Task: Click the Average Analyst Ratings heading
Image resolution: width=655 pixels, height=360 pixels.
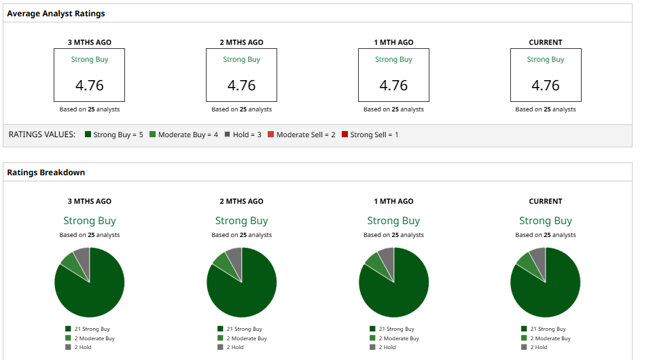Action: (x=56, y=14)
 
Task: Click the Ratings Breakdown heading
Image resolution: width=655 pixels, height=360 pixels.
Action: (x=46, y=173)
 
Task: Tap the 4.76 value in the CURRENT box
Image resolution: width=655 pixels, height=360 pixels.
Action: (x=545, y=86)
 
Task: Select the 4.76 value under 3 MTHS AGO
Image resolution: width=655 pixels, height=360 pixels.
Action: (x=89, y=86)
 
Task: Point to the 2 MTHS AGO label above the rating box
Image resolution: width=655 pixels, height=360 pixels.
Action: (x=241, y=42)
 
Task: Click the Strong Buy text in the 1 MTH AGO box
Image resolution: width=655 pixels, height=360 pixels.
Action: (x=393, y=60)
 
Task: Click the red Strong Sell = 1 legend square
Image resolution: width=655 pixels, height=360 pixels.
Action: (x=344, y=134)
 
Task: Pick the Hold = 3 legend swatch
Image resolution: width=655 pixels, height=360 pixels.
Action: (x=227, y=134)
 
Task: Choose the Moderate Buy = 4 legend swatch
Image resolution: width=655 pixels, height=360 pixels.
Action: (x=153, y=134)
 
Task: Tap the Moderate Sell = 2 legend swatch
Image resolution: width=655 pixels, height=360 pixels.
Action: (x=270, y=134)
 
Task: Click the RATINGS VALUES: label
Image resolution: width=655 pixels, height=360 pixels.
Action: (x=41, y=134)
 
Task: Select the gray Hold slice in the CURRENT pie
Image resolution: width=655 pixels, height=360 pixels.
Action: (x=538, y=257)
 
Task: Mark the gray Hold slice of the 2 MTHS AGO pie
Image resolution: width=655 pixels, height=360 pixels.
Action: (x=234, y=257)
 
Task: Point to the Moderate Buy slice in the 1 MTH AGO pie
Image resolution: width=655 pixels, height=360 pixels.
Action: (x=373, y=261)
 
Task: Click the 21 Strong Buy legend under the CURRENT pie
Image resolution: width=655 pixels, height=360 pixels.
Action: (x=547, y=329)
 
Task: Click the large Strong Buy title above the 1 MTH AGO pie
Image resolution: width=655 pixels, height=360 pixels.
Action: (x=393, y=221)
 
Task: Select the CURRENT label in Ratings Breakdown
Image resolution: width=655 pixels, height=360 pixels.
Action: (x=545, y=201)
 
